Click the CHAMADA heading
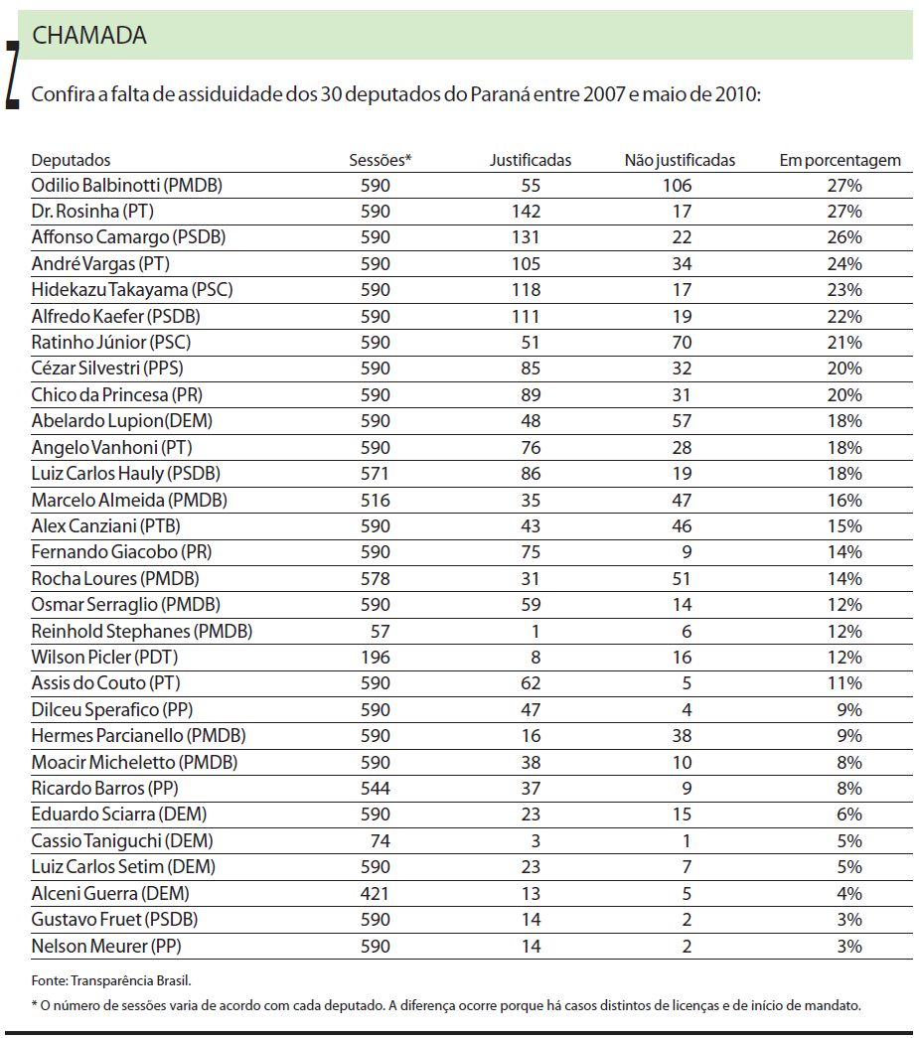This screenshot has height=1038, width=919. pos(89,36)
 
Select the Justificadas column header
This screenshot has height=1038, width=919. pos(531,160)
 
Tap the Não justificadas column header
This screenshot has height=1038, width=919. pos(680,160)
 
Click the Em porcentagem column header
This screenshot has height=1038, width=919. pos(840,160)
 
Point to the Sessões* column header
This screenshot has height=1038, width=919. pos(380,160)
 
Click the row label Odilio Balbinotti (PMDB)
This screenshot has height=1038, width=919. pos(126,186)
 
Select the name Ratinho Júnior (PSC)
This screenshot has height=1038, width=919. pos(111,342)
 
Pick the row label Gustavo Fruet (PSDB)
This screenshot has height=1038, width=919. pos(112,920)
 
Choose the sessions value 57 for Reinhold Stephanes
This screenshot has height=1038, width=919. pos(381,631)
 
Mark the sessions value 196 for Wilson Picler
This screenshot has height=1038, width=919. pos(376,657)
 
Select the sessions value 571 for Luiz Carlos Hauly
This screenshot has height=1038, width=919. pos(376,473)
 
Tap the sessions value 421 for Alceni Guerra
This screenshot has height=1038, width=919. pos(376,893)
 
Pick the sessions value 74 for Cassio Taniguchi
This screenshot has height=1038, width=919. pos(381,840)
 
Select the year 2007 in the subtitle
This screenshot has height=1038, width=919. pos(589,95)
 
